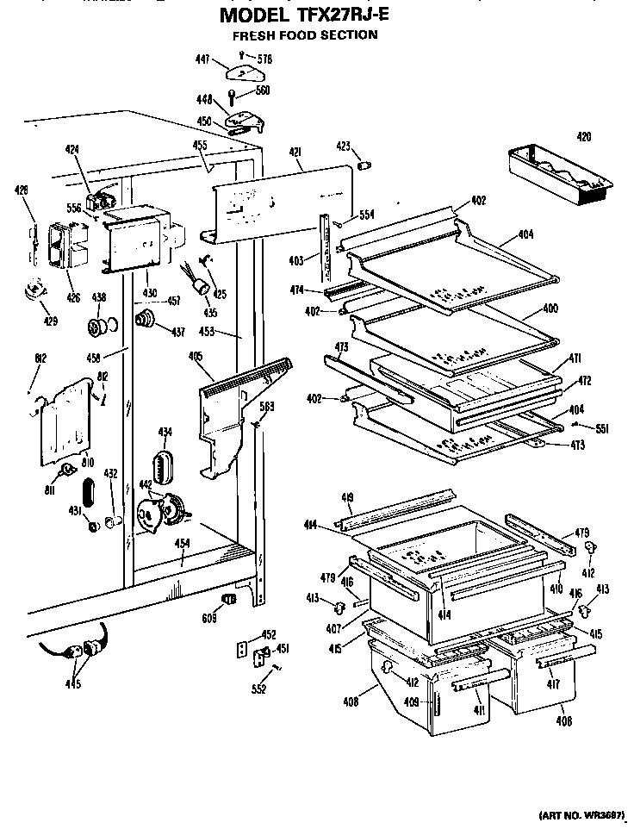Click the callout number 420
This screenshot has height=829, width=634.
(x=584, y=135)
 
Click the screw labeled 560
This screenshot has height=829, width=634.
(x=232, y=97)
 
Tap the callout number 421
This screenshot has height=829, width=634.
(x=295, y=153)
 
